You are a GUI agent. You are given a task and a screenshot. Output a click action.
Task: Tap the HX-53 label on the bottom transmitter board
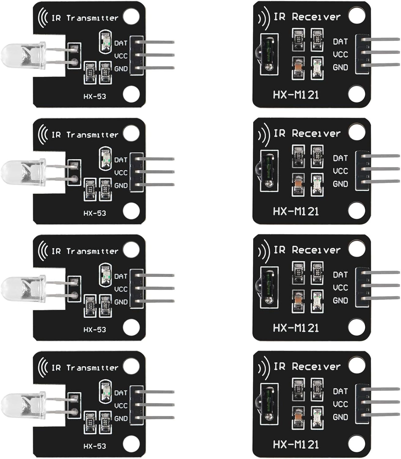coord(95,446)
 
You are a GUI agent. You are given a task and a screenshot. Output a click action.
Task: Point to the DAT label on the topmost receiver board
coord(340,41)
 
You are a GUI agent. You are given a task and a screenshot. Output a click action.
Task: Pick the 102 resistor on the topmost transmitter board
coord(105,73)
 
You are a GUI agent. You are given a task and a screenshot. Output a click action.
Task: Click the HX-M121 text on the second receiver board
coord(296,211)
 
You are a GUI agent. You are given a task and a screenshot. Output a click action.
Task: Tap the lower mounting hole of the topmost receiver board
coord(356,94)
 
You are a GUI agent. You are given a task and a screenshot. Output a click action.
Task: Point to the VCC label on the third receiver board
coord(340,288)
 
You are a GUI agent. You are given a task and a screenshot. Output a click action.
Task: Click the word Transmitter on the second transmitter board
coord(92,135)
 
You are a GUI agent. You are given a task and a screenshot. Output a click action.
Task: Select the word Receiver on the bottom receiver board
coord(316,366)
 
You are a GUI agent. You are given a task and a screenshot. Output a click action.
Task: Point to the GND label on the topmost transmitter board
coord(121,69)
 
